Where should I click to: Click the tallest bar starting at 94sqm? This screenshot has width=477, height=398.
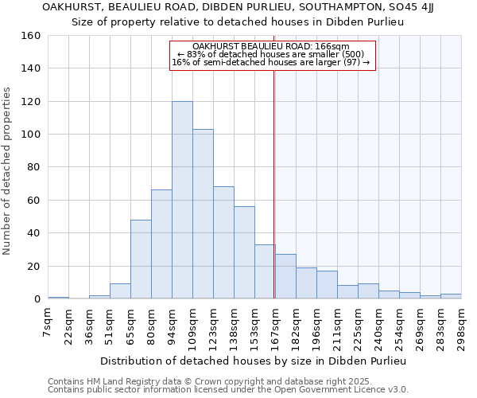click(x=182, y=200)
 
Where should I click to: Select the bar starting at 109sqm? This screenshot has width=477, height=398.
click(x=203, y=214)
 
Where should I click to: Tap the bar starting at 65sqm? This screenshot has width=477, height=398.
click(x=141, y=259)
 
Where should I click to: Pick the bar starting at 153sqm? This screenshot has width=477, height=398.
click(x=265, y=271)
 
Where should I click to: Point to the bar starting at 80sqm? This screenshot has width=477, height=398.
click(x=161, y=244)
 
